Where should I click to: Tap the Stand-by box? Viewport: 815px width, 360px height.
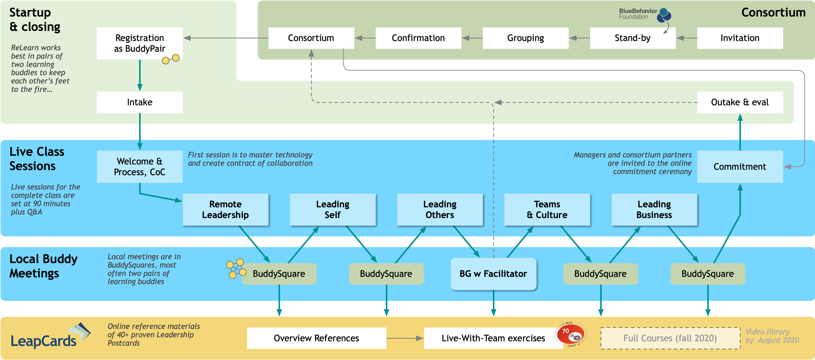click(x=633, y=38)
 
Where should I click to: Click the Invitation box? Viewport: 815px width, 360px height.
click(x=740, y=38)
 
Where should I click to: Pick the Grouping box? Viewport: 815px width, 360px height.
click(x=525, y=38)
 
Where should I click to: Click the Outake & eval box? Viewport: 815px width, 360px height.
click(x=740, y=102)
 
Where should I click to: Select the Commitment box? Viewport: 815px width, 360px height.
click(x=740, y=167)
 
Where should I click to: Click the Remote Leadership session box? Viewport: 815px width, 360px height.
click(x=225, y=209)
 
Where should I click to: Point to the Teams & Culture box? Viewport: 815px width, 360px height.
click(x=547, y=209)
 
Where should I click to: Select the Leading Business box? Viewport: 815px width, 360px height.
click(x=654, y=209)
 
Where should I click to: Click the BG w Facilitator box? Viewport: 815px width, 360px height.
click(x=493, y=274)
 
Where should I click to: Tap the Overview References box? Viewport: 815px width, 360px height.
click(x=316, y=338)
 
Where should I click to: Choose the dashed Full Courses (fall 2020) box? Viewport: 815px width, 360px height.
click(x=670, y=338)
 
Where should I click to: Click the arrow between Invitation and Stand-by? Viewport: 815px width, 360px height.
click(x=687, y=38)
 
